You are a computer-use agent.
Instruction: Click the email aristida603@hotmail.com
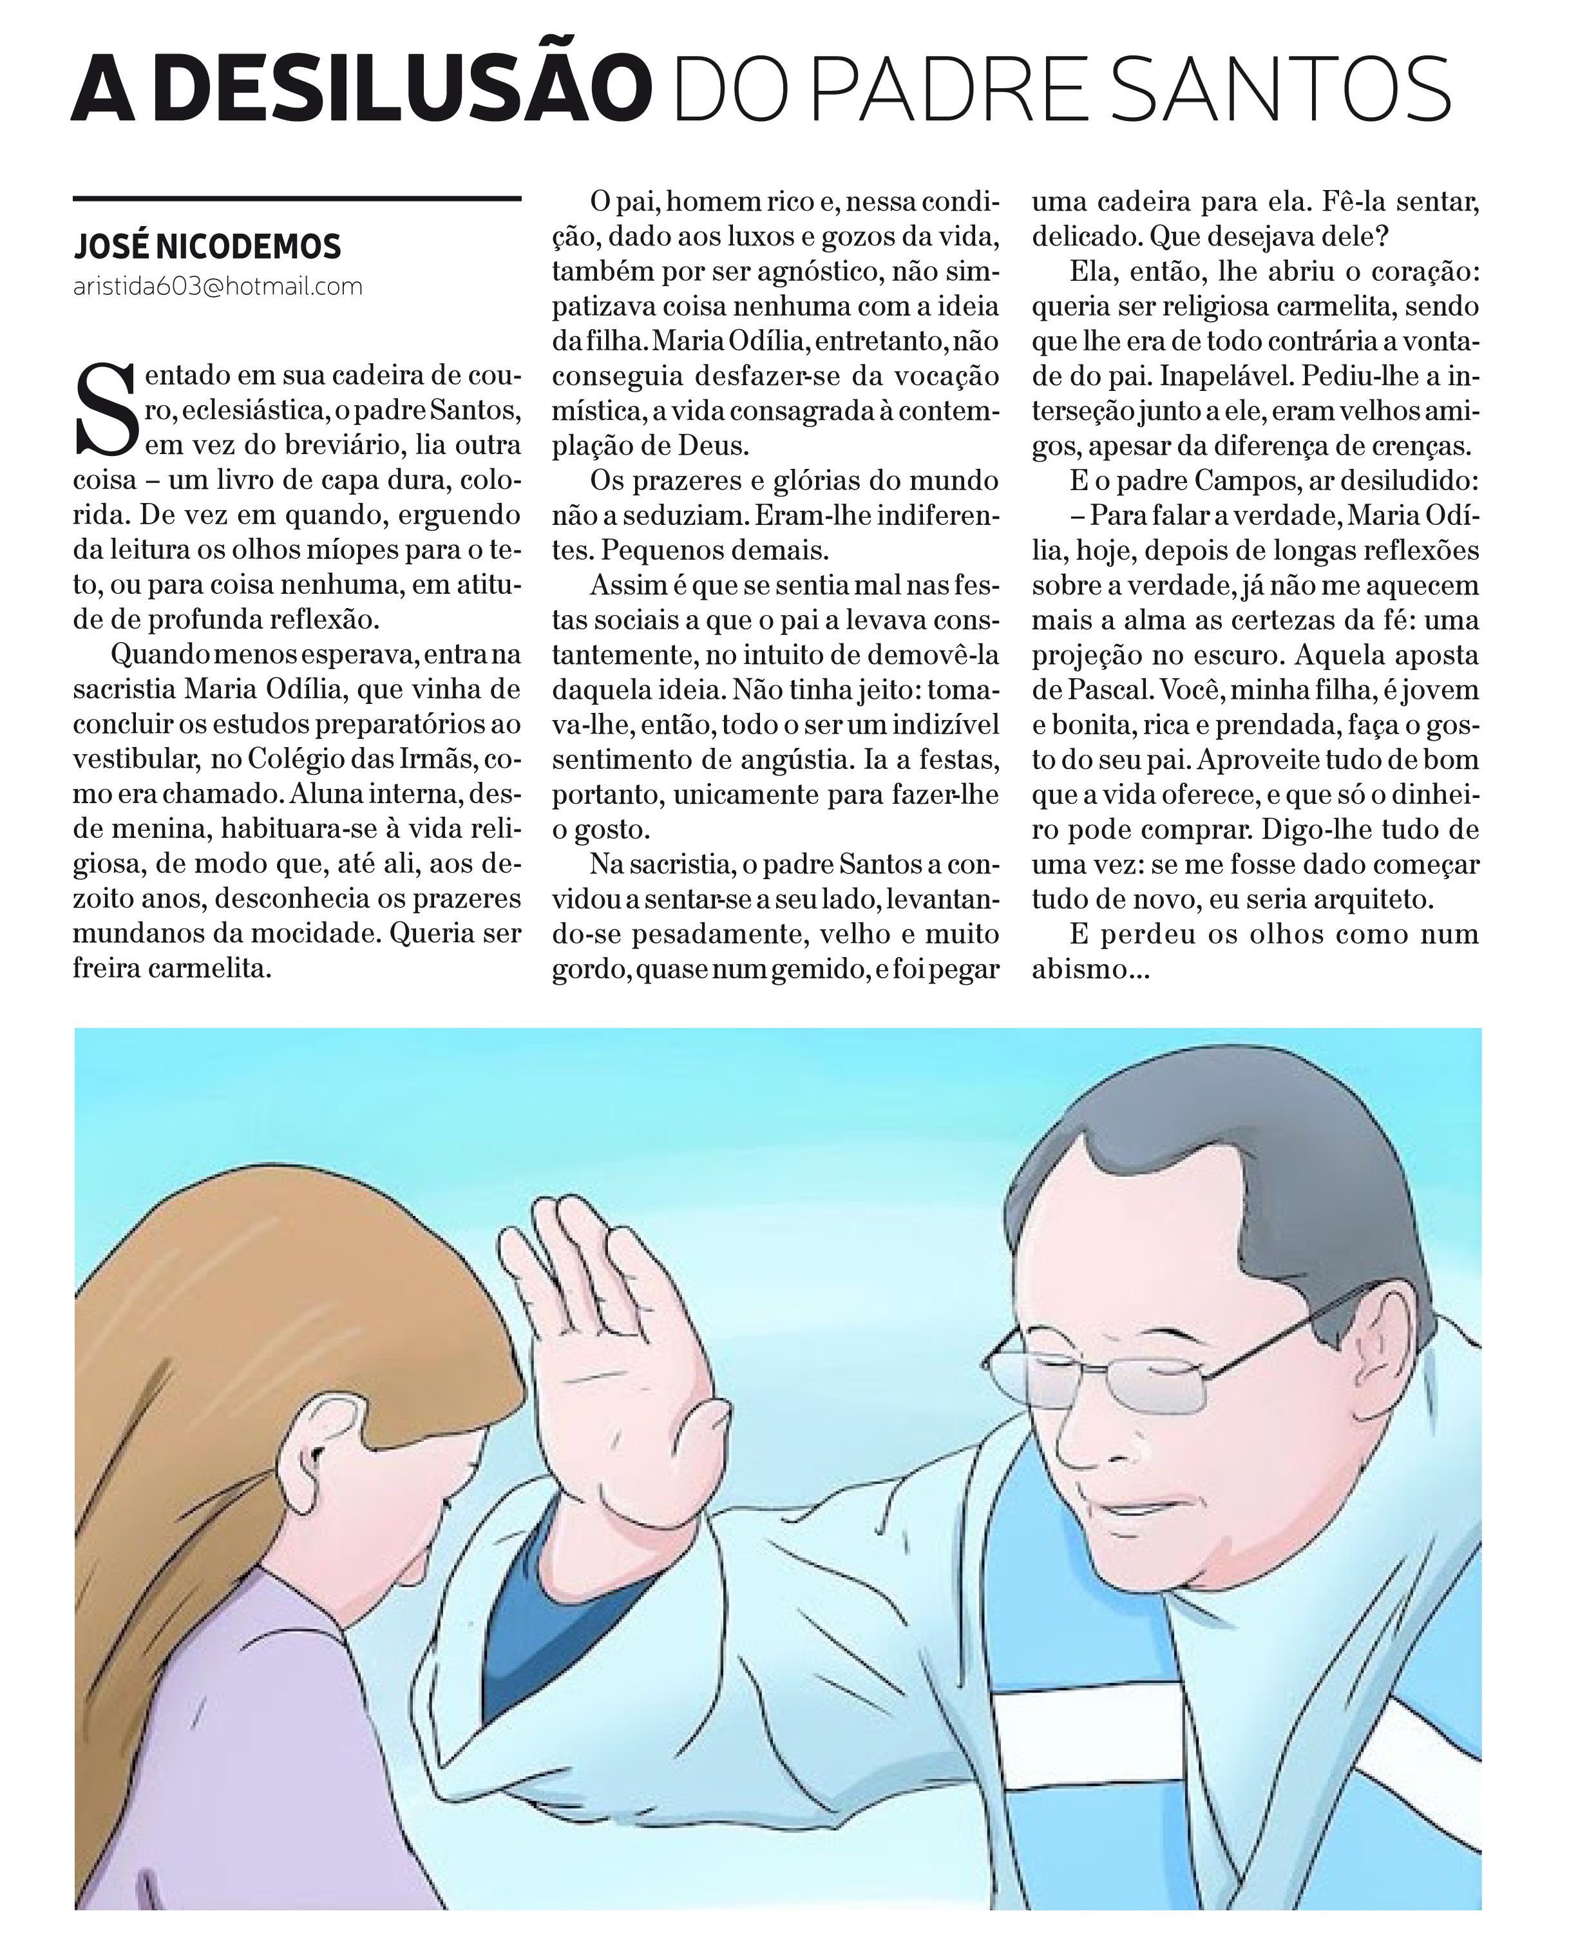pyautogui.click(x=218, y=287)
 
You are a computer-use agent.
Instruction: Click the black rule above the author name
pyautogui.click(x=296, y=198)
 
